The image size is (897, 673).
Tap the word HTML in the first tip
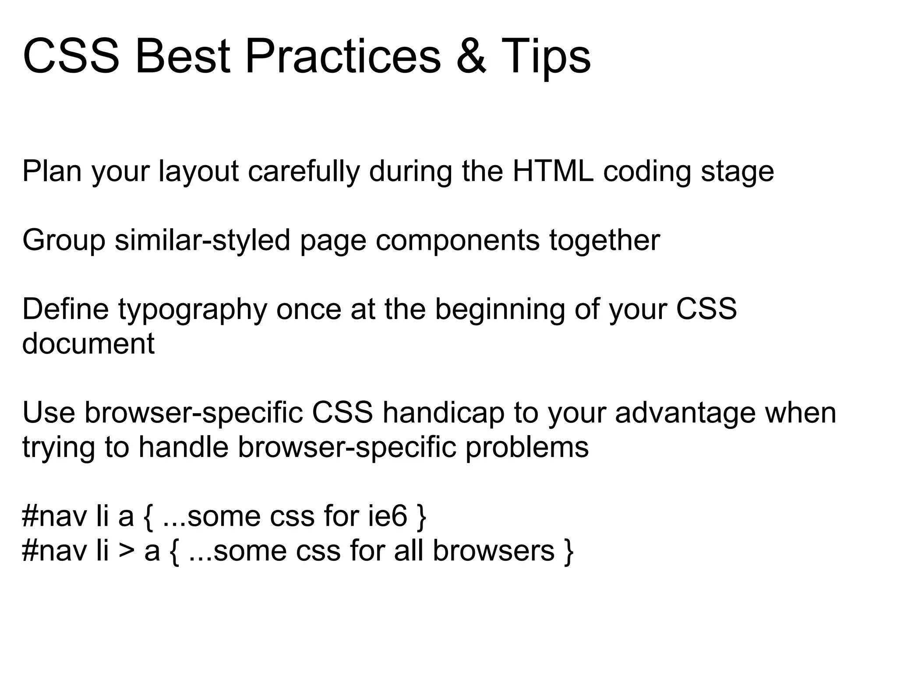[x=553, y=171]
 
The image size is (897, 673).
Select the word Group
[x=64, y=241]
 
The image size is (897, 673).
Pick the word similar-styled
[x=202, y=241]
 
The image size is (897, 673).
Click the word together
[x=604, y=241]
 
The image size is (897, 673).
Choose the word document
[x=88, y=344]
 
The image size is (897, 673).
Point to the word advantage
[x=685, y=413]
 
